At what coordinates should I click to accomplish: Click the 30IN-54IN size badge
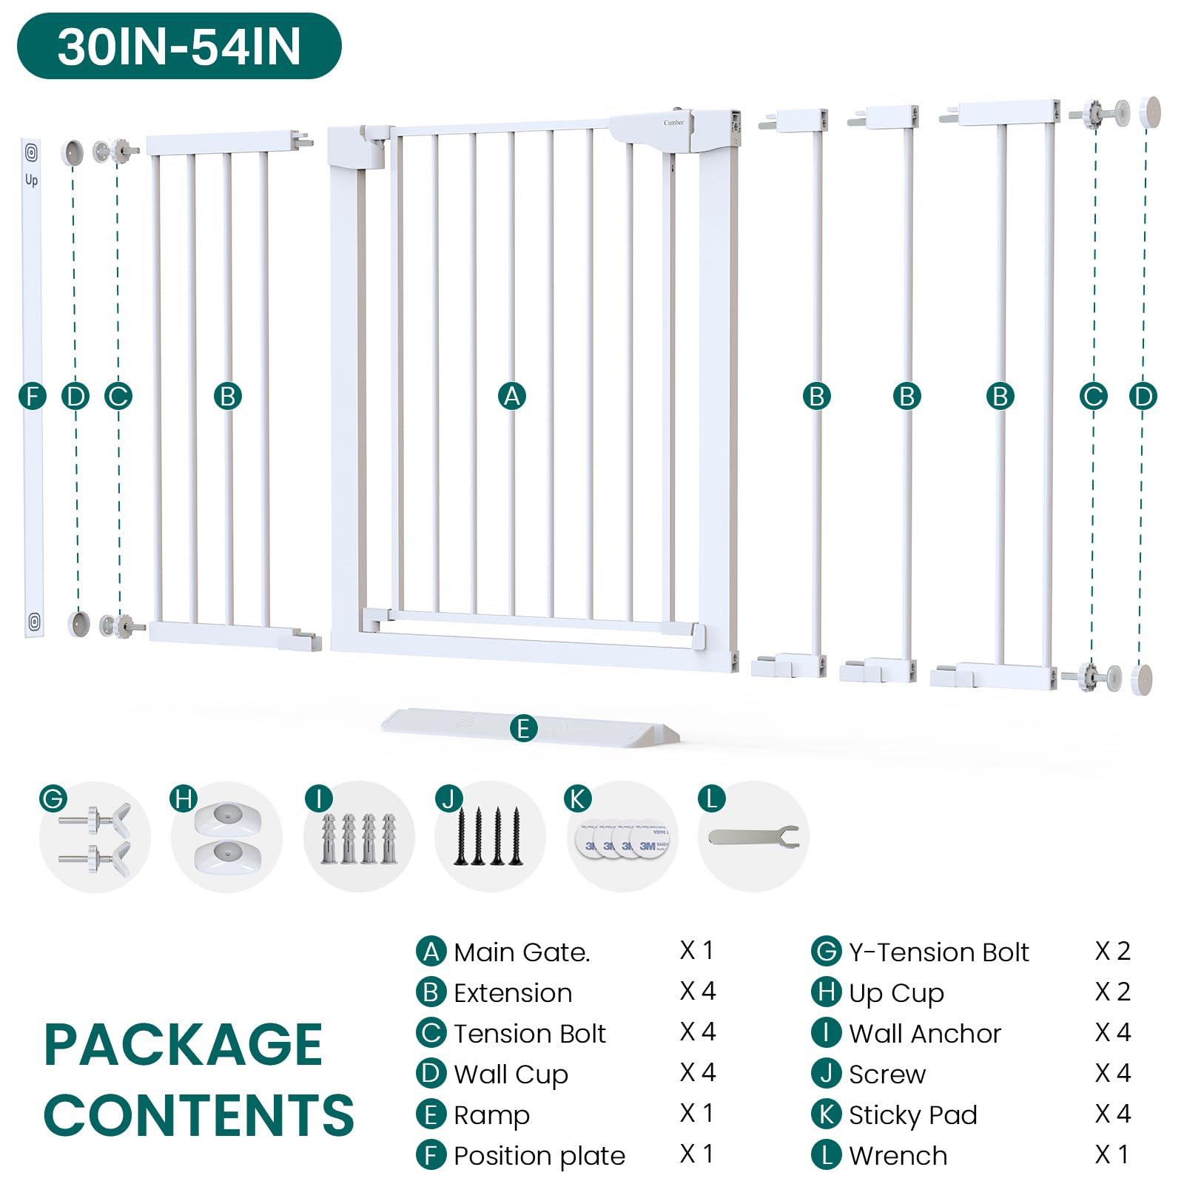click(x=179, y=46)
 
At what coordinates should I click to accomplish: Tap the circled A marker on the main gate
click(x=512, y=396)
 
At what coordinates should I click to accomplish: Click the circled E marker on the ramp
click(x=524, y=728)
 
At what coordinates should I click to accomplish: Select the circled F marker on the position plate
click(x=33, y=396)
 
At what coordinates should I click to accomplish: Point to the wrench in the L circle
click(x=753, y=837)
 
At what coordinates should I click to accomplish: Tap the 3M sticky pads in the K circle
click(x=623, y=839)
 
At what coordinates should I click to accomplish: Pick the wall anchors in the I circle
click(x=359, y=838)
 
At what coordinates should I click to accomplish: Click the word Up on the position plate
click(x=31, y=180)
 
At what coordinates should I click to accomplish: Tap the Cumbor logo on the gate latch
click(x=673, y=123)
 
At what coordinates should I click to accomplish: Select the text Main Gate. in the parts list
click(x=522, y=952)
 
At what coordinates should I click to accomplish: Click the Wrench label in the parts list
click(x=898, y=1155)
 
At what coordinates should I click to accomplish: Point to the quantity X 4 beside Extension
click(x=698, y=991)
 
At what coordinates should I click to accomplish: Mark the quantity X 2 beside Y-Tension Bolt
click(x=1113, y=951)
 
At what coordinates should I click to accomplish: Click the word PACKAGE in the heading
click(x=184, y=1044)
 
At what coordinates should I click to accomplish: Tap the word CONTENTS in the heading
click(x=199, y=1114)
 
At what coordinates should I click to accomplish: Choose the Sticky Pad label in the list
click(x=913, y=1115)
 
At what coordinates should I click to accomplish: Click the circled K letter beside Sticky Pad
click(x=827, y=1114)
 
